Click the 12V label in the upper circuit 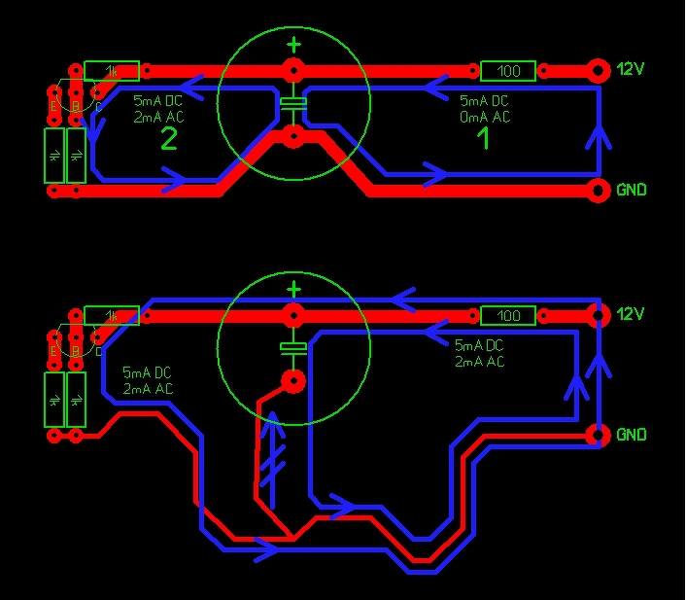pyautogui.click(x=631, y=70)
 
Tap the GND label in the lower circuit pyautogui.click(x=631, y=435)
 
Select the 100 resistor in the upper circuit pyautogui.click(x=508, y=71)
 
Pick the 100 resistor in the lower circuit pyautogui.click(x=508, y=315)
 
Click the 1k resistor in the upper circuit pyautogui.click(x=111, y=71)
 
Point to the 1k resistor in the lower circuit pyautogui.click(x=111, y=315)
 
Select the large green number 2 pyautogui.click(x=168, y=140)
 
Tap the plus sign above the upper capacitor pyautogui.click(x=293, y=44)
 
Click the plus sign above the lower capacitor pyautogui.click(x=293, y=289)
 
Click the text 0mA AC pyautogui.click(x=485, y=117)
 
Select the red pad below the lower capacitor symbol pyautogui.click(x=293, y=380)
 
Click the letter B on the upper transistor pyautogui.click(x=75, y=105)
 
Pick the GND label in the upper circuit pyautogui.click(x=631, y=191)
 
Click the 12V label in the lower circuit pyautogui.click(x=631, y=315)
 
